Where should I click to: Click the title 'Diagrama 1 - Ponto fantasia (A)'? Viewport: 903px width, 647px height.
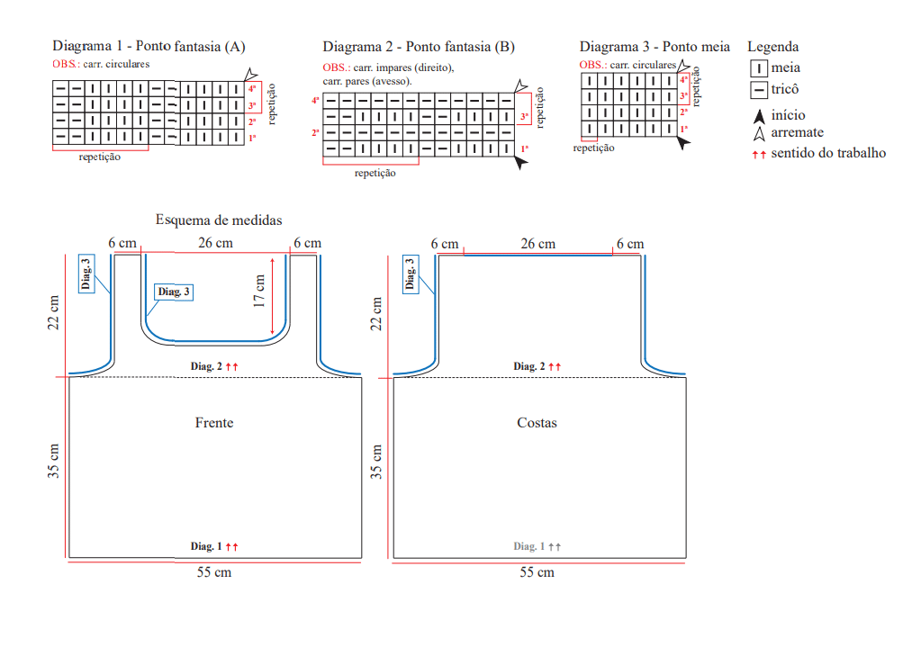[149, 47]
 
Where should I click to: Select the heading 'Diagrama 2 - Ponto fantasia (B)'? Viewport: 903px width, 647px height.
[419, 47]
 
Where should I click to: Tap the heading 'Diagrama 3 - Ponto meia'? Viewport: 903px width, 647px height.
[655, 47]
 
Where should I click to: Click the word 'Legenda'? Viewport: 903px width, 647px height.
[772, 47]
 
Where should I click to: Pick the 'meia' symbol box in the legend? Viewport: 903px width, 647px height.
[758, 68]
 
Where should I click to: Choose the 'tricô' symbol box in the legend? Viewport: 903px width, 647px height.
[758, 90]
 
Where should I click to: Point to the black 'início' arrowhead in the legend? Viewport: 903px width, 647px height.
[760, 116]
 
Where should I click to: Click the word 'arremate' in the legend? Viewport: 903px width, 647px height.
[797, 132]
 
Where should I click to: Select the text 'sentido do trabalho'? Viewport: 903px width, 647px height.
[828, 153]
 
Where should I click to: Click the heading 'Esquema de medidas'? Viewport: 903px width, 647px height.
[219, 220]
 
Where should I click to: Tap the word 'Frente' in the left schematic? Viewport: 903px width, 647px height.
[214, 423]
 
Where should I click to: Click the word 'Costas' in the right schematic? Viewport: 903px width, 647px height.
[537, 423]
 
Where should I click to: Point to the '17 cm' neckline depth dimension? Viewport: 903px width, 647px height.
[259, 291]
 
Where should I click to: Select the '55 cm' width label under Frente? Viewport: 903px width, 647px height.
[214, 572]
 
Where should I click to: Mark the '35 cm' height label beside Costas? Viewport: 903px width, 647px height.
[375, 462]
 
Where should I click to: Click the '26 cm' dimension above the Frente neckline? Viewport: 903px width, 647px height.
[216, 243]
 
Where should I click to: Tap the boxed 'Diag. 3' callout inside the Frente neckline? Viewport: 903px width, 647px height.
[174, 292]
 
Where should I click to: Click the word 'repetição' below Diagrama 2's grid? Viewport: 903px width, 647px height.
[375, 173]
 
